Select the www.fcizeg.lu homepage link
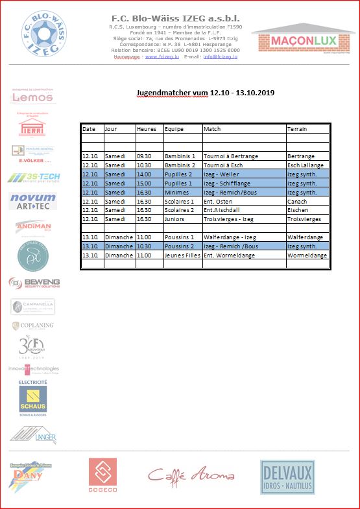[x=162, y=56]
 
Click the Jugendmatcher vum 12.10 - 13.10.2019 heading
[x=205, y=93]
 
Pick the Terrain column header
[x=298, y=129]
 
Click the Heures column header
[x=147, y=129]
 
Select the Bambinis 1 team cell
[x=180, y=156]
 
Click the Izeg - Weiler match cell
[x=222, y=174]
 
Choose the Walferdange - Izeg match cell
[x=230, y=237]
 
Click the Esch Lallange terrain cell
[x=306, y=165]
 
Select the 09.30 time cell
[x=145, y=156]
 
